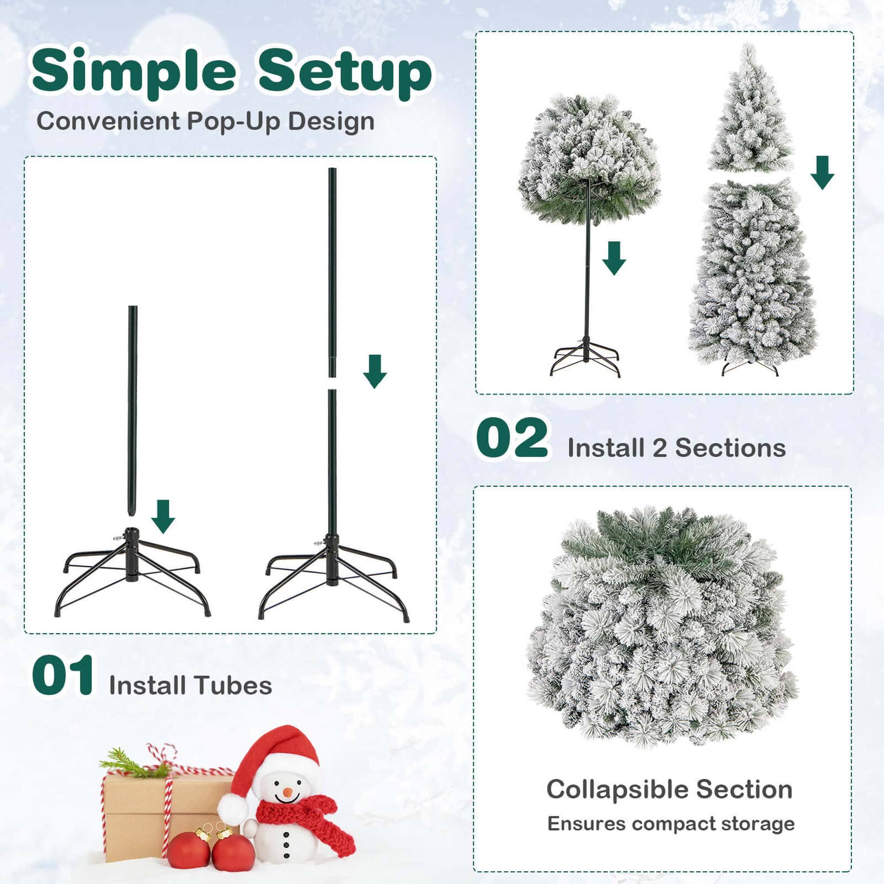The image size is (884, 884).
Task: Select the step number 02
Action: tap(512, 438)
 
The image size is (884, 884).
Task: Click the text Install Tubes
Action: tap(191, 685)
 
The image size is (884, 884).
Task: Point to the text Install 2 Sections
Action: tap(676, 447)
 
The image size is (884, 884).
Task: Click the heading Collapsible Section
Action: tap(669, 789)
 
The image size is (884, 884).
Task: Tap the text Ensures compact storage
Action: tap(671, 823)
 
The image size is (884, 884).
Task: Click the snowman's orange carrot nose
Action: tap(287, 792)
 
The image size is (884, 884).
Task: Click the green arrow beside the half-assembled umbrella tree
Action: tap(613, 258)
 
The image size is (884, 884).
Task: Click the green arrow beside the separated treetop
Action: tap(822, 172)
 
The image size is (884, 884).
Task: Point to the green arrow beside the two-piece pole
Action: tap(375, 372)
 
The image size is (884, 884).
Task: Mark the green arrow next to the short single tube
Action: tap(163, 516)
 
